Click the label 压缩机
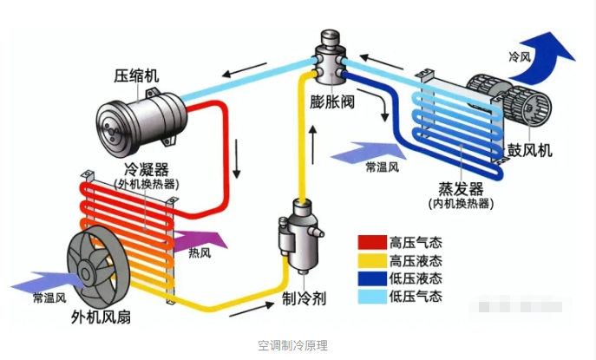(134, 75)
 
